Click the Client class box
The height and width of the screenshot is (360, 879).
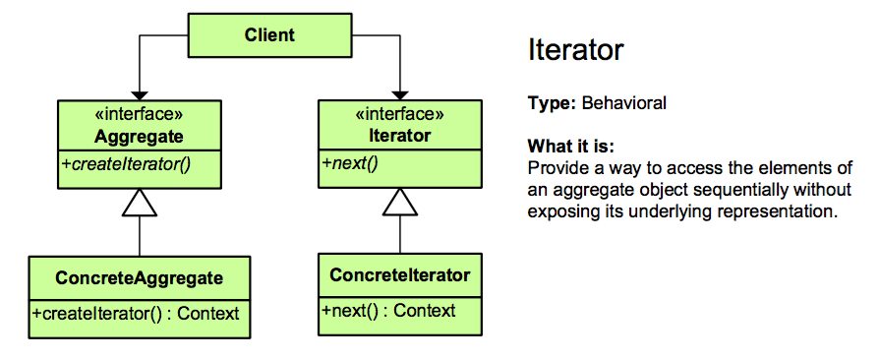click(x=269, y=35)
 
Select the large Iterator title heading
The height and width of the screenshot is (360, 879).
click(x=575, y=50)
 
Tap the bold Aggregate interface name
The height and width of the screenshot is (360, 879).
click(x=139, y=136)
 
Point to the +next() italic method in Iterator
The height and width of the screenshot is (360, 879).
click(x=348, y=164)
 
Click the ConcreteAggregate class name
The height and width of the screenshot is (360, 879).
click(x=139, y=277)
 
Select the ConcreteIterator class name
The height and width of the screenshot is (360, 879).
click(x=400, y=275)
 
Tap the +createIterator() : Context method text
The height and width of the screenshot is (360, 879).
click(x=136, y=313)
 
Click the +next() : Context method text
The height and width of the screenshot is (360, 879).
click(x=388, y=311)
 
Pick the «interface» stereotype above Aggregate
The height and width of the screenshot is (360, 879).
click(x=139, y=114)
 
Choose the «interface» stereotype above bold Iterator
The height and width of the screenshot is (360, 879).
click(x=400, y=114)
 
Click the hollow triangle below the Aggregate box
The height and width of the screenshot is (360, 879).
click(x=139, y=203)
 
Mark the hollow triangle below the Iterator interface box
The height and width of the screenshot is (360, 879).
click(x=400, y=202)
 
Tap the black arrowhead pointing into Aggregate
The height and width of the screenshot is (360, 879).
click(x=139, y=95)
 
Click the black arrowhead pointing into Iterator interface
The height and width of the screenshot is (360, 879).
click(x=400, y=95)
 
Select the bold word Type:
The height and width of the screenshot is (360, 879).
click(x=553, y=104)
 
